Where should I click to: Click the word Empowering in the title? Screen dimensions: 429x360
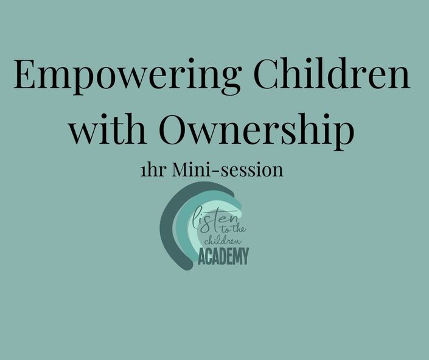point(128,76)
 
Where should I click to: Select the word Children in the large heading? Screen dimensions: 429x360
point(332,73)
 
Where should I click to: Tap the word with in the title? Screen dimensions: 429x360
point(107,128)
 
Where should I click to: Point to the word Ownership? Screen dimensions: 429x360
point(256,131)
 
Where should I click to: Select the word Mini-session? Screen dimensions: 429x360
point(228,170)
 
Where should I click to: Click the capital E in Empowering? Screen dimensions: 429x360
point(24,74)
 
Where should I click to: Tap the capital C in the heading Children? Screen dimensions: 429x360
point(267,74)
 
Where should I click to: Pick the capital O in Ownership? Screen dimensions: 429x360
point(174,128)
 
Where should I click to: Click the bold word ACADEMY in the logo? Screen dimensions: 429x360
point(223,256)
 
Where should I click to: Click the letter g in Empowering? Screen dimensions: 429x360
point(228,81)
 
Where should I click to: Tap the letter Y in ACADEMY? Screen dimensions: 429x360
point(245,256)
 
